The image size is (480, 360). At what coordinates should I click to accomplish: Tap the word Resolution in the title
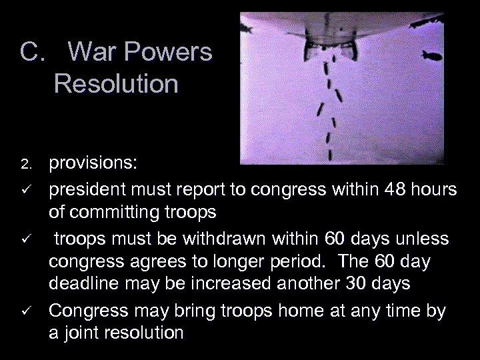click(116, 85)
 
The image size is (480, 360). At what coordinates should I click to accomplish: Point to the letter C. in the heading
click(32, 53)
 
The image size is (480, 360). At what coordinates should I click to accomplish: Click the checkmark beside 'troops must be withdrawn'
click(25, 239)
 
